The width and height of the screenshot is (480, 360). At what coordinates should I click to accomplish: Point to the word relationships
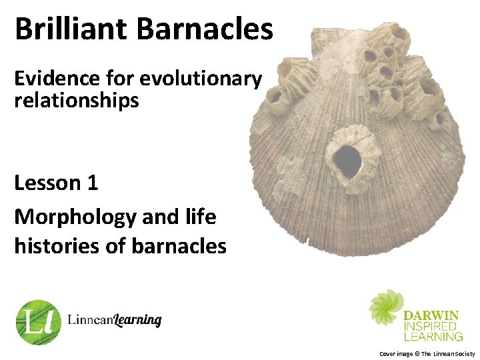[x=77, y=101]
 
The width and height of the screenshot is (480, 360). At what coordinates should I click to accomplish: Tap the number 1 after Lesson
[x=92, y=183]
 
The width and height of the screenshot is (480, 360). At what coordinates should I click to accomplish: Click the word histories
[x=54, y=246]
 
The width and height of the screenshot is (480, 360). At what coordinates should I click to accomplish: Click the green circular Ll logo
[x=38, y=322]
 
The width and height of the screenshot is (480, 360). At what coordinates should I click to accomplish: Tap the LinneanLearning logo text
[x=114, y=321]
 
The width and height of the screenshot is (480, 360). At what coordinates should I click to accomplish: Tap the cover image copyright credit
[x=427, y=353]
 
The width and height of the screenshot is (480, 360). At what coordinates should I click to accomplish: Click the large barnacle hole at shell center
[x=347, y=160]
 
